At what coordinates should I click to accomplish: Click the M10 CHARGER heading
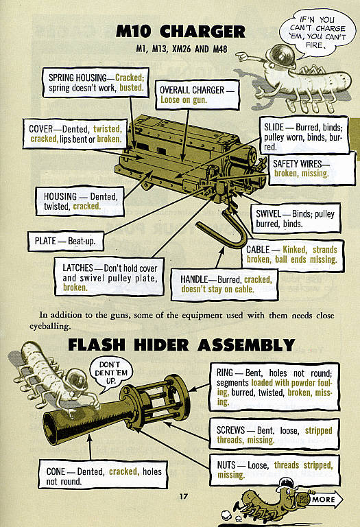click(180, 32)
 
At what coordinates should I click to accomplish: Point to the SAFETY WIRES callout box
click(300, 169)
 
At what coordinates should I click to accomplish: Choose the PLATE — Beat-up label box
click(66, 242)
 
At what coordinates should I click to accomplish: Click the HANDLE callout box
click(226, 285)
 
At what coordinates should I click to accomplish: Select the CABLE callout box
click(291, 255)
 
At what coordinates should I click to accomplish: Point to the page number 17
click(183, 497)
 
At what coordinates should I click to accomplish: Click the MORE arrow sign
click(322, 499)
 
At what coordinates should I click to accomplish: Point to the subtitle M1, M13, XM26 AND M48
click(180, 50)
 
